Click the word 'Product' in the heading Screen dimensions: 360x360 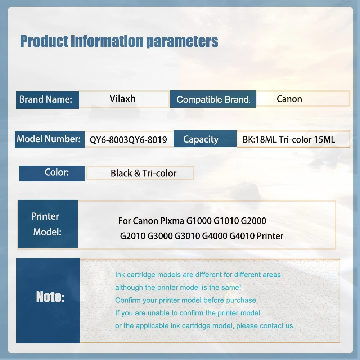point(44,41)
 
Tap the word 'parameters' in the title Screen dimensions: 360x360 point(182,42)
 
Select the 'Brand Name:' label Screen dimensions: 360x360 point(46,99)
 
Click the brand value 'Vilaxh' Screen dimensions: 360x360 point(122,99)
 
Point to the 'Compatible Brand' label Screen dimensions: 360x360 point(213,100)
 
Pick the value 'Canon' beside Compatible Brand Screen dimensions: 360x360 point(289,99)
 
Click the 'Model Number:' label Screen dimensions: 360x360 point(49,139)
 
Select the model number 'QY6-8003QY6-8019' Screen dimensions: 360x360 point(128,140)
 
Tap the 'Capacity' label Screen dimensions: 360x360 point(201,139)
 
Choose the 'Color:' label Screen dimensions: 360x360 point(57,172)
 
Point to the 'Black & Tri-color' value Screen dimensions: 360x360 point(144,173)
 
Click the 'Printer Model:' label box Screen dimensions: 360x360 point(48,224)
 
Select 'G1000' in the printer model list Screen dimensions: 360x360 point(199,221)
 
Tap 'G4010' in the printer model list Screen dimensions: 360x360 point(242,236)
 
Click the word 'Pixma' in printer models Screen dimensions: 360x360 point(172,221)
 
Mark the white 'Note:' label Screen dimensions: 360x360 point(50,297)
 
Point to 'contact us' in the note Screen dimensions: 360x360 point(277,325)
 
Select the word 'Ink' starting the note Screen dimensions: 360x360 point(120,275)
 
